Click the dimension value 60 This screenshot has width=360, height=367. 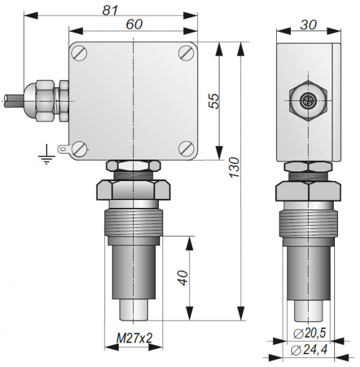coord(133,24)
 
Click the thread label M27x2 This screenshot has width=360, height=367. coord(134,338)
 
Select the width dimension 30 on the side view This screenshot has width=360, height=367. coord(307,24)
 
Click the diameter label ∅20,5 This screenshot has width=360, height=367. coord(310,333)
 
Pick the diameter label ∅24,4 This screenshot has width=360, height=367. coord(310,350)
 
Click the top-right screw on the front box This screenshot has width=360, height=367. coord(186,53)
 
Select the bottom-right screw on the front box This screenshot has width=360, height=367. coord(186,148)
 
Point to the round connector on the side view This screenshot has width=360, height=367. coord(307,98)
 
